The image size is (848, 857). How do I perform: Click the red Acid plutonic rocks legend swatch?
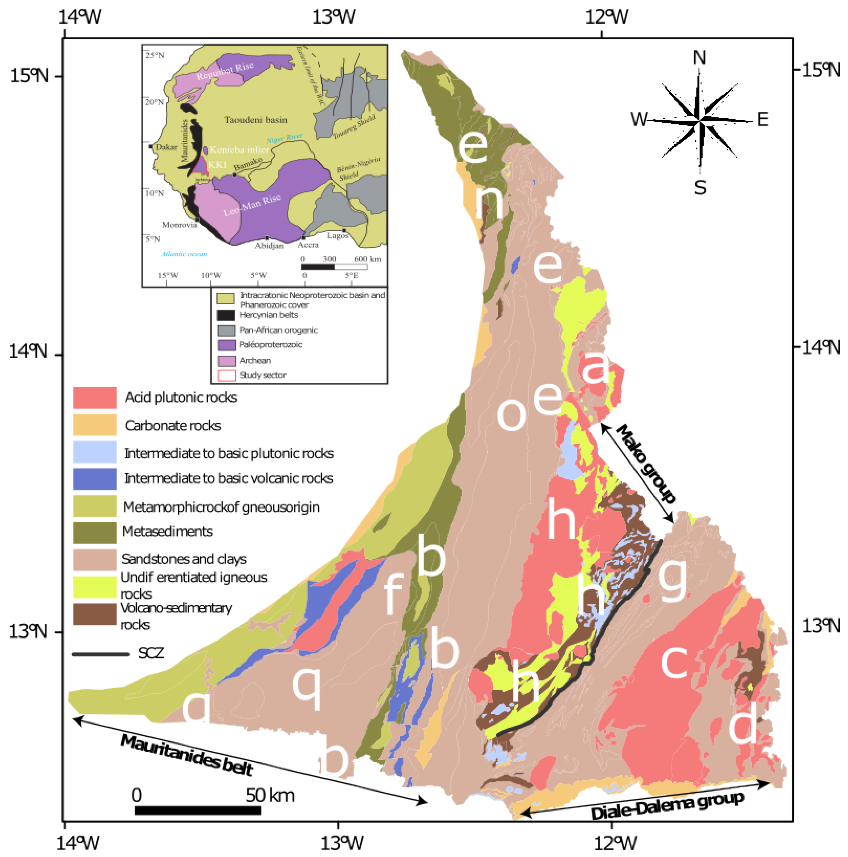tap(94, 397)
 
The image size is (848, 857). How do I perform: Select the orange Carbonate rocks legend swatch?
tap(94, 425)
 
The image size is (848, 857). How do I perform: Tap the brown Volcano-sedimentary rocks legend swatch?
tap(94, 614)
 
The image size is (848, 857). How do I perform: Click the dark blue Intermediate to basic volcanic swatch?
tap(94, 479)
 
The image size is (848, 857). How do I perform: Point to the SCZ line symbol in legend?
tap(100, 654)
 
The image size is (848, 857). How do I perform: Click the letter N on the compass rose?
tap(699, 58)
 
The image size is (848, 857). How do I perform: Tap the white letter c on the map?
tap(675, 661)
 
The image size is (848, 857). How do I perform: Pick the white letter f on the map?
tap(393, 594)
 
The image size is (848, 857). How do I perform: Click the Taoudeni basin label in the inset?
tap(256, 120)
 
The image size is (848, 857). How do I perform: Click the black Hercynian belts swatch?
tap(226, 315)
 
